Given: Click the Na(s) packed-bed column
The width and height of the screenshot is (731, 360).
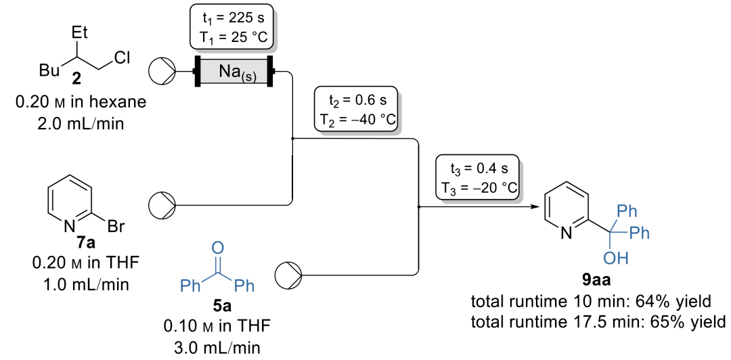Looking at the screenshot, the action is click(234, 72).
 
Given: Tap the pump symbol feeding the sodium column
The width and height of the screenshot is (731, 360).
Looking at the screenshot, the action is click(161, 72).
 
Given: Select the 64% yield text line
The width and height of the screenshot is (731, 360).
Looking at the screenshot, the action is click(591, 302).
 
